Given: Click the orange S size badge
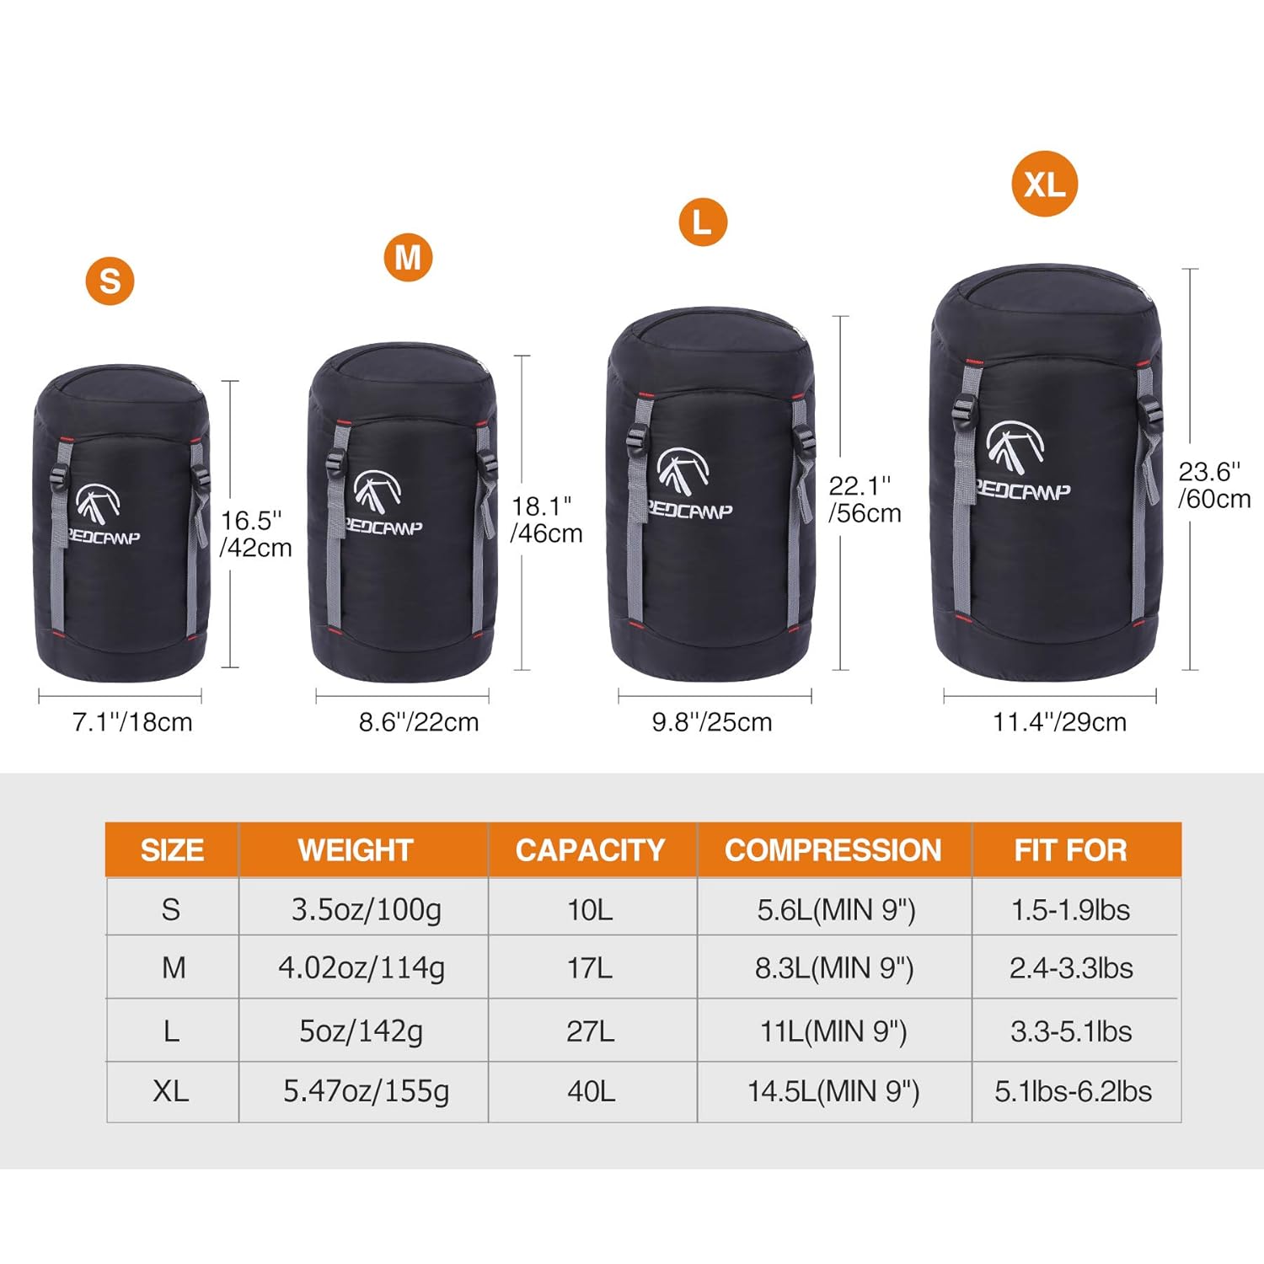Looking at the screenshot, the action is [110, 281].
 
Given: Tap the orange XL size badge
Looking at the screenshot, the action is [1045, 184].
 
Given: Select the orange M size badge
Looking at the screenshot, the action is [408, 257].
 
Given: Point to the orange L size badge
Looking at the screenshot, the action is [702, 222].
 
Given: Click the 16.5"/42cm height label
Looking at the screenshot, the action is [255, 534].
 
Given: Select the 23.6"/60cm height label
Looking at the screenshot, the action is [1214, 485].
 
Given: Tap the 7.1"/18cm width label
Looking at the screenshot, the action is [132, 722].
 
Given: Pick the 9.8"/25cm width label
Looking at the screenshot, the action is [712, 722].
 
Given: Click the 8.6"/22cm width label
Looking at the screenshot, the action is [419, 722].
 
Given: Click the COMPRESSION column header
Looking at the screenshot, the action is [833, 850].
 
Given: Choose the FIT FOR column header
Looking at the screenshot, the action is [1070, 850].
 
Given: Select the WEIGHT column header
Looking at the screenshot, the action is [356, 850].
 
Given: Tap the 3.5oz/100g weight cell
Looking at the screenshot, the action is [367, 910].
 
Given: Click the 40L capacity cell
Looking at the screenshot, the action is [591, 1091].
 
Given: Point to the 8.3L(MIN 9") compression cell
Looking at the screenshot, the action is [834, 968].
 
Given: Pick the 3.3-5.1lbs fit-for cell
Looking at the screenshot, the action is [1071, 1031].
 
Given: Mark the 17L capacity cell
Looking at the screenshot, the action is [590, 968].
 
